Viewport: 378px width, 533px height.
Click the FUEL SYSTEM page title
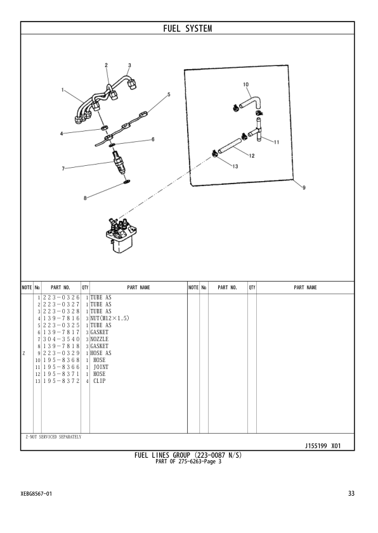(188, 28)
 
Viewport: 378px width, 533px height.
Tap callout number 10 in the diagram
(245, 84)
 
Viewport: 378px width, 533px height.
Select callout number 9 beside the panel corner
(304, 187)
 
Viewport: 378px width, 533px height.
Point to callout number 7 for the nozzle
(63, 169)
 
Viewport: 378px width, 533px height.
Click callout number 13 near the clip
(235, 166)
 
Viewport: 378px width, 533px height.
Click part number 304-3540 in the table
(61, 339)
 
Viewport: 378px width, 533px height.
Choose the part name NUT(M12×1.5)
(110, 318)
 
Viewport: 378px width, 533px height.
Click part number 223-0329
(61, 353)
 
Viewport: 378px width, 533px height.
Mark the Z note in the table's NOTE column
(24, 353)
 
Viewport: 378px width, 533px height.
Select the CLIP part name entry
(100, 381)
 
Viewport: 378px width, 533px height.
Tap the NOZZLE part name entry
(100, 339)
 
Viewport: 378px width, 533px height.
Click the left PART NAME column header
(138, 287)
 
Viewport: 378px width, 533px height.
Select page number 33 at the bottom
(351, 494)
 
